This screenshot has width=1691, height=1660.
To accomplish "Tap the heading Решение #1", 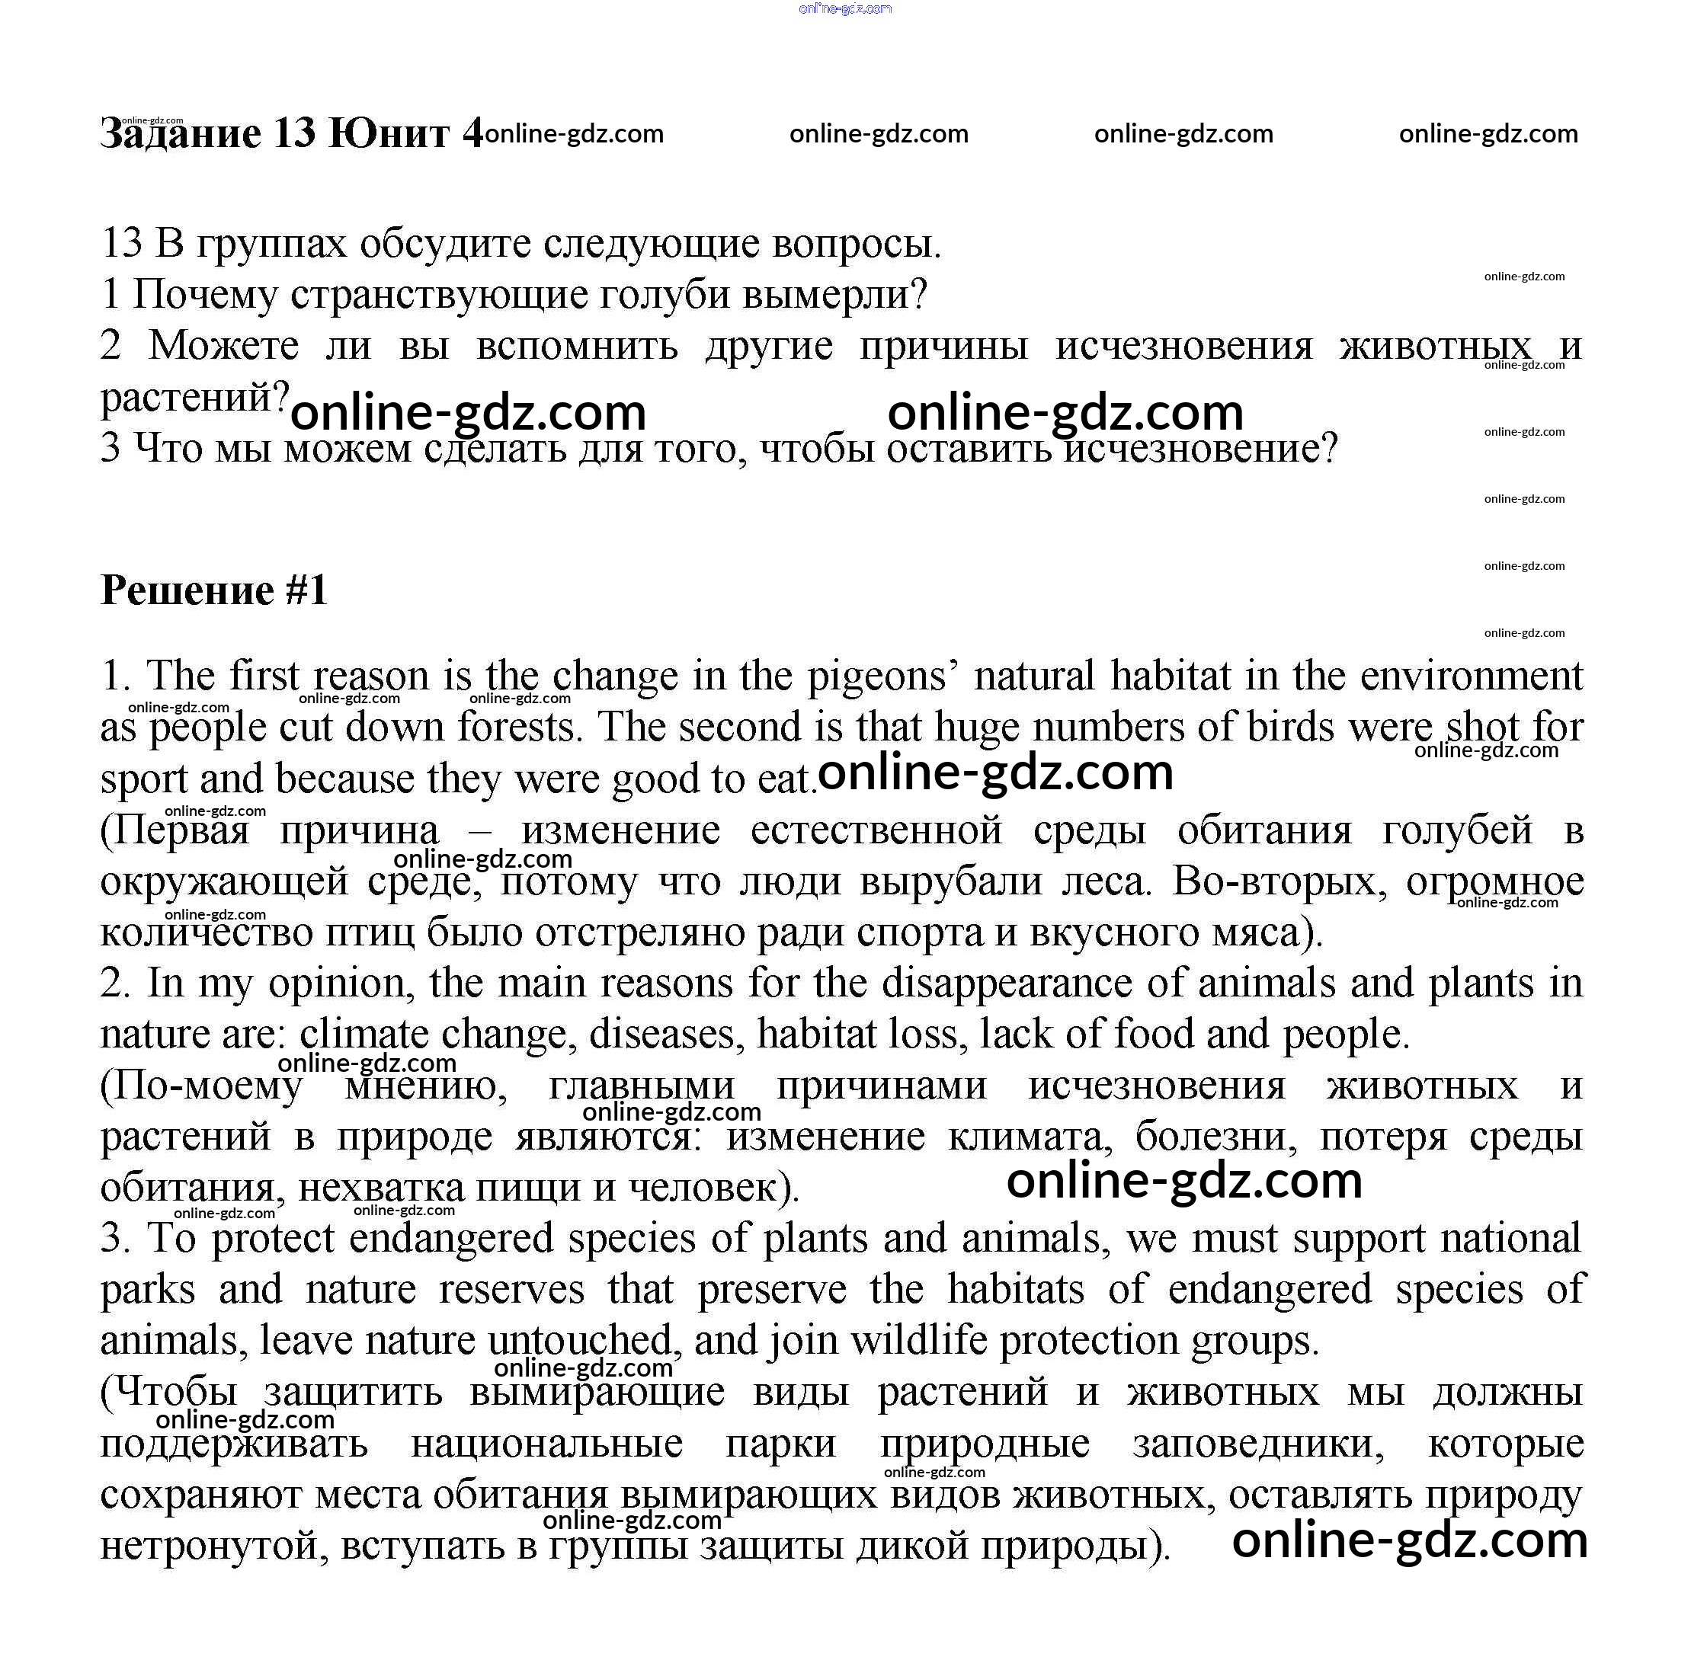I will click(213, 590).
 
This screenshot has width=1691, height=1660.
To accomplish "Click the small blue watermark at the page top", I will click(844, 8).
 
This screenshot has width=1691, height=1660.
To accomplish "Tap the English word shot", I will click(1481, 727).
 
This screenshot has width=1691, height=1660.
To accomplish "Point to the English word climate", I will click(362, 1035).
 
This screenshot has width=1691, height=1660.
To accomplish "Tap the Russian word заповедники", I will click(1257, 1444).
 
